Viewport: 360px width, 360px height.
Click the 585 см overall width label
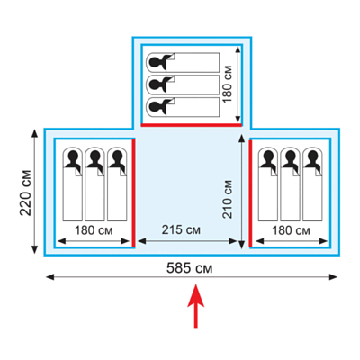(189, 268)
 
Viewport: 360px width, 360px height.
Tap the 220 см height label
(26, 193)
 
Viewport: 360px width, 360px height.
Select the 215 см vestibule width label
(181, 230)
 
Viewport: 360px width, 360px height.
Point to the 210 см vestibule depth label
(228, 199)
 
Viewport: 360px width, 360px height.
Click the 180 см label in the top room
(228, 84)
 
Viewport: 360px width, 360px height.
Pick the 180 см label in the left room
(94, 230)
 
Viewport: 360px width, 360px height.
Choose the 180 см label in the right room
(291, 230)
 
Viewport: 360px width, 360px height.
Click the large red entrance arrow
(196, 306)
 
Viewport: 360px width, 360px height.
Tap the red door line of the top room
(192, 125)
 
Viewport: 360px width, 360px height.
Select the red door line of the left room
(133, 193)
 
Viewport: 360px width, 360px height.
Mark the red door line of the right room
(250, 193)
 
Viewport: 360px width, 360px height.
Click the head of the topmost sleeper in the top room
(156, 62)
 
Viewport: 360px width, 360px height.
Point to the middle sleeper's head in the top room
(156, 85)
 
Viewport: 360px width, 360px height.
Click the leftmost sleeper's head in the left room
(73, 157)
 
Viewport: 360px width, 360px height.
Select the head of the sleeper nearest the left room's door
(117, 157)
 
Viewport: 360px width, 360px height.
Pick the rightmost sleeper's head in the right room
(312, 157)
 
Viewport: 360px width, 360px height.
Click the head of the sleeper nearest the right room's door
(268, 157)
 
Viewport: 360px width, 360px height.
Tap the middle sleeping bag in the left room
(94, 184)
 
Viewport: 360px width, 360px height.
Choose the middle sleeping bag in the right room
(291, 184)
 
